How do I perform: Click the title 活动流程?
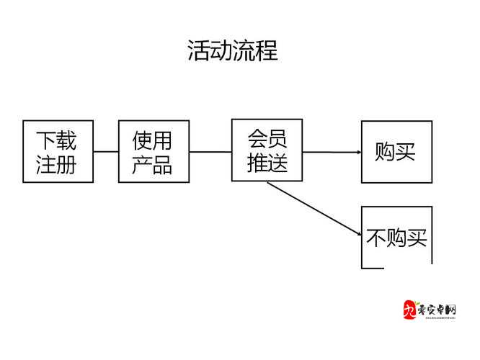pos(232,51)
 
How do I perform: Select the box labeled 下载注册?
pos(58,151)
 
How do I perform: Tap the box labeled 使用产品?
pos(154,151)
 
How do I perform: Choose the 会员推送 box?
pos(267,150)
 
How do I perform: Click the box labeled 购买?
pos(396,152)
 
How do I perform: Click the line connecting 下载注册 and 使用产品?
pos(106,152)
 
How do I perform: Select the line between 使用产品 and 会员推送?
pos(210,152)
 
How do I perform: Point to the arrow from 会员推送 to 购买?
pos(332,152)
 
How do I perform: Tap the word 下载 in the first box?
pos(56,139)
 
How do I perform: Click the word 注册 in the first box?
pos(56,166)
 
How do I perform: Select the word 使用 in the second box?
pos(152,139)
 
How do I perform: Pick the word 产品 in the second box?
pos(152,166)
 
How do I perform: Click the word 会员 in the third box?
pos(267,138)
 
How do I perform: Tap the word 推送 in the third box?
pos(267,163)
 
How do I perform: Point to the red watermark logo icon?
pos(409,311)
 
